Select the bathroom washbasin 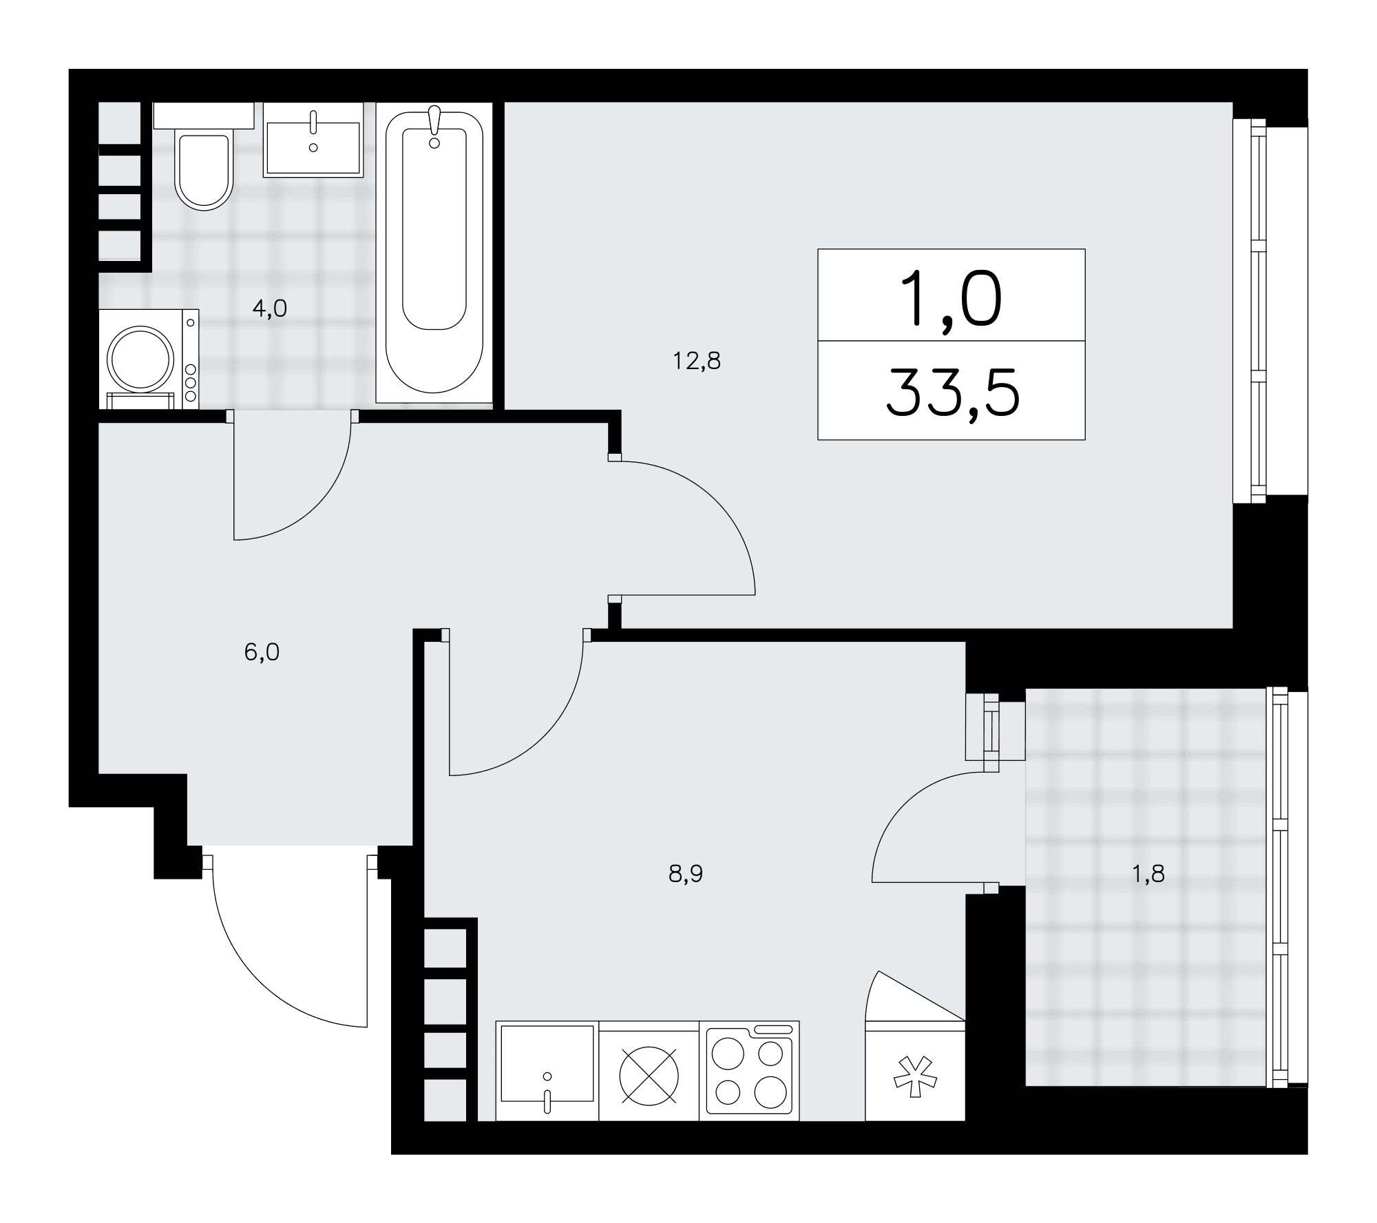tap(313, 140)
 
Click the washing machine tap(149, 359)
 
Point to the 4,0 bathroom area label tap(269, 309)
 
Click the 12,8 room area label tap(697, 360)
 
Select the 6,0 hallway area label tap(262, 651)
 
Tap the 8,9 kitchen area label tap(686, 874)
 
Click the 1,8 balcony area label tap(1148, 874)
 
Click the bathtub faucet tap(434, 127)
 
